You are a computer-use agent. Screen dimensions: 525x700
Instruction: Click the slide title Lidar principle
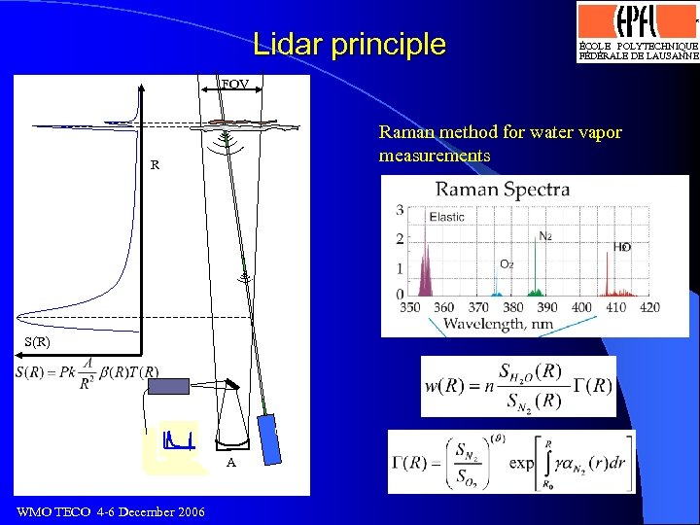(349, 44)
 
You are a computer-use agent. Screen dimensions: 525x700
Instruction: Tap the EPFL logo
(637, 30)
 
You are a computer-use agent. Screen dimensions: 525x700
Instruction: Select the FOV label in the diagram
(233, 85)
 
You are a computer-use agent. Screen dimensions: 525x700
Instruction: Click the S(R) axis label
(37, 343)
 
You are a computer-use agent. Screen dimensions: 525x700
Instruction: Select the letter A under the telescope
(230, 463)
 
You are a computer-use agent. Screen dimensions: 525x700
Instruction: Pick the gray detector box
(169, 386)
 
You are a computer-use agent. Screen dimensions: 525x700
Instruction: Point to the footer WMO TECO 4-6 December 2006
(111, 512)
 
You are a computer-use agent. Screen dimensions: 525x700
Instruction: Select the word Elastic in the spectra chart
(447, 217)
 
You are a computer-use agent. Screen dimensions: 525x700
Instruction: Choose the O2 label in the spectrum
(507, 263)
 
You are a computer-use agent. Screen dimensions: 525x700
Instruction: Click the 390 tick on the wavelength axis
(548, 308)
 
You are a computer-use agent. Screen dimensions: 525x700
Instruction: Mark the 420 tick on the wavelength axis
(649, 308)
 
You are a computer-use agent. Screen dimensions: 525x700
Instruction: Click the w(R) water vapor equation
(518, 386)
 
